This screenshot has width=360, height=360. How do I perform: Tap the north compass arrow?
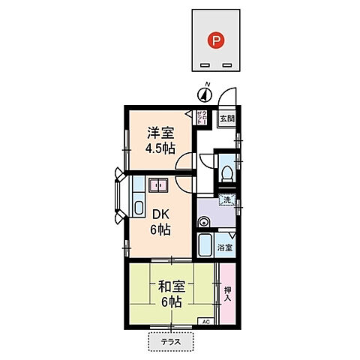pos(204,94)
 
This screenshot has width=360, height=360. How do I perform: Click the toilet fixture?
pos(228,172)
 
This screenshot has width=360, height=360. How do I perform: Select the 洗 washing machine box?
pos(228,200)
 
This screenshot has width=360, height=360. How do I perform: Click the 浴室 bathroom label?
pos(225,247)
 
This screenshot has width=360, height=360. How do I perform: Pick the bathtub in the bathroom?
pos(206,244)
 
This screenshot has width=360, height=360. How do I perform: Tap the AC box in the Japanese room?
pos(204,322)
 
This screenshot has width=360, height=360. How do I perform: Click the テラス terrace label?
pos(170,343)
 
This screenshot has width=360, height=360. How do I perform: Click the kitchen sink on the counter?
pos(139,206)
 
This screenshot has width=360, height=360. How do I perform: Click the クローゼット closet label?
pos(202,117)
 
